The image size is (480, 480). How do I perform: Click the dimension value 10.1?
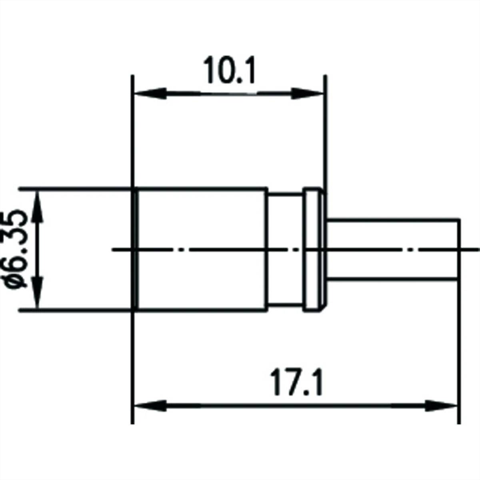tap(230, 71)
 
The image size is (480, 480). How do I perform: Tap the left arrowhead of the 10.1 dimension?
tap(150, 94)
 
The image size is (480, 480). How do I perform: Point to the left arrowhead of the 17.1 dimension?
tap(150, 406)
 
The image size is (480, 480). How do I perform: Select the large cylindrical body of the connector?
tap(202, 224)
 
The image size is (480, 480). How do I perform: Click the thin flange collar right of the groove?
tap(313, 224)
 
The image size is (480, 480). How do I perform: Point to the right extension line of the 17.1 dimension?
tap(459, 360)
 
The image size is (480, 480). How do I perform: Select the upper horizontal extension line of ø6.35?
tap(76, 188)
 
